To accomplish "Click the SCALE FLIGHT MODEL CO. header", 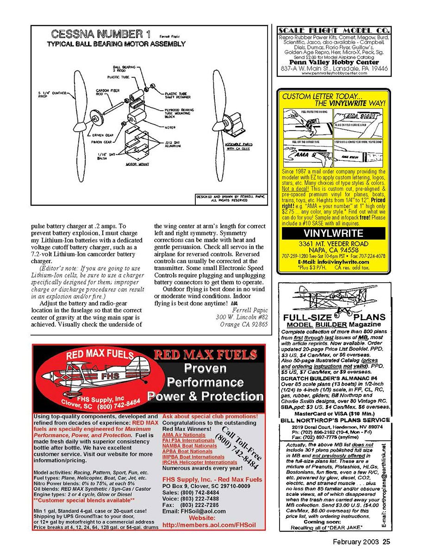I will click(x=334, y=31).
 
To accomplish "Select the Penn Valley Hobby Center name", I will click(x=334, y=62).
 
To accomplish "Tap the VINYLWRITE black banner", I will click(x=333, y=234).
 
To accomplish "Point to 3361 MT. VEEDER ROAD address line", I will click(x=333, y=244).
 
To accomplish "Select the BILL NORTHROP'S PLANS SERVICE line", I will click(x=336, y=420).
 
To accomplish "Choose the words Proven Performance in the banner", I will click(x=205, y=375).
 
